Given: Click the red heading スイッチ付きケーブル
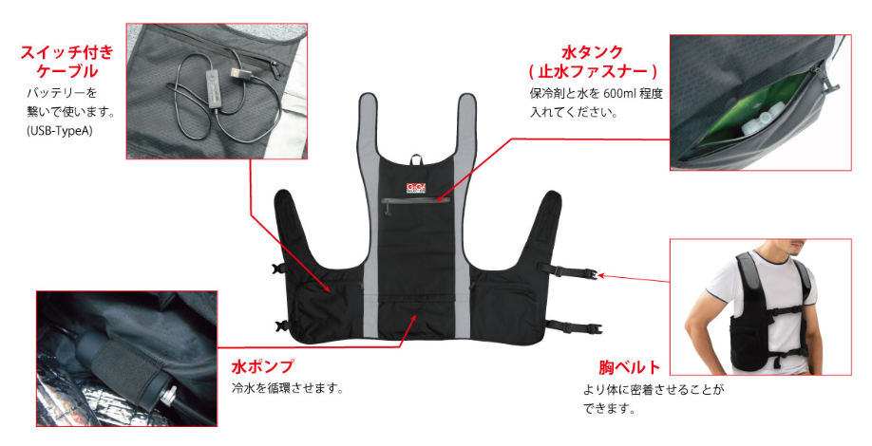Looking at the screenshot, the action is [67, 62].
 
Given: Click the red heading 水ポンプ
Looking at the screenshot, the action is [262, 366].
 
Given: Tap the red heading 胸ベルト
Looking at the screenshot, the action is [630, 367].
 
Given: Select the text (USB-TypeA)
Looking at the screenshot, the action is [60, 132].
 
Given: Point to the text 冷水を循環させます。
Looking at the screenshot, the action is [288, 388].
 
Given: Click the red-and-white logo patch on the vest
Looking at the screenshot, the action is [415, 188].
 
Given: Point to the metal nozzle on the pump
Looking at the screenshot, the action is [170, 396].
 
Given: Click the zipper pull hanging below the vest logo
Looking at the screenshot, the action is [389, 208].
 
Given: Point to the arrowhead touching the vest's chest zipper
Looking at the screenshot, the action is [438, 198].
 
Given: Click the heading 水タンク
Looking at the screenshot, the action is [593, 52].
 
